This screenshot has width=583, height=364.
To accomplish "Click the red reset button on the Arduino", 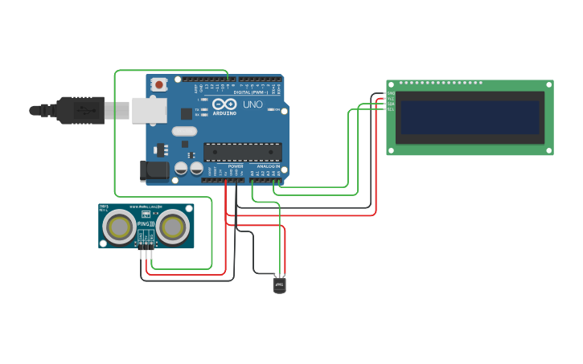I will pos(159,84).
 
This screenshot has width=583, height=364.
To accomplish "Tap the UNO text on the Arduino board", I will pos(252,104).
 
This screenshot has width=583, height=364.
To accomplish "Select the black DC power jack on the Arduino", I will pos(154,170).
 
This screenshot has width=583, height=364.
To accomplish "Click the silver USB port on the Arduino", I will pos(149,110).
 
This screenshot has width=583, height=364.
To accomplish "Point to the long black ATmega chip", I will pos(242,151).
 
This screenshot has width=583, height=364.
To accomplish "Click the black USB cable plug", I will pos(80,110).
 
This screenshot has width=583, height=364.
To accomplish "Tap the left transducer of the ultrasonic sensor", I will pos(119,227).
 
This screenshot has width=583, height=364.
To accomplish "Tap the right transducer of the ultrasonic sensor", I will pos(173,227).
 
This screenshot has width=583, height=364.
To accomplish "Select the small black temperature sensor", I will pos(279,284).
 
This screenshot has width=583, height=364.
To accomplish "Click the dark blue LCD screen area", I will pos(470,117).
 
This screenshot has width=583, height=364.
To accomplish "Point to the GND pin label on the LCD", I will pos(391,93).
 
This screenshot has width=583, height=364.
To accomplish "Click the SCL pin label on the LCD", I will pos(391,109).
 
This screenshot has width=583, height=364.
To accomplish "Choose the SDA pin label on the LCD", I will pos(391,104).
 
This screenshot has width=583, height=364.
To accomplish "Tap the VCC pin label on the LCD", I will pos(391,99).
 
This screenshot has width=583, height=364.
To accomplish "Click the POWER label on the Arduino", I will pos(235,166).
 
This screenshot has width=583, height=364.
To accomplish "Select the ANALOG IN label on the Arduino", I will pos(268,166).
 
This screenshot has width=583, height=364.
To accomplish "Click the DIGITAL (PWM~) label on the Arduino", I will pos(249,92).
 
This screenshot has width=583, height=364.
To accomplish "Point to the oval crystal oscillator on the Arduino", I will pos(183,131).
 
